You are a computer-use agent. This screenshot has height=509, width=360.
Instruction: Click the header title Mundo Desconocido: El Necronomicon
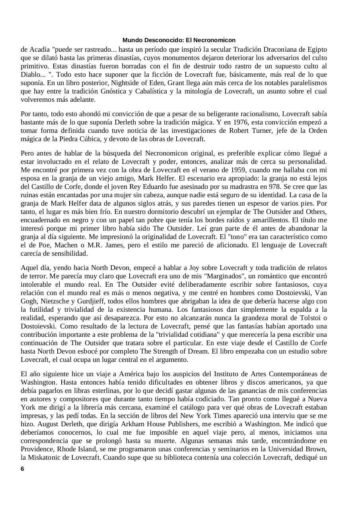tap(179, 40)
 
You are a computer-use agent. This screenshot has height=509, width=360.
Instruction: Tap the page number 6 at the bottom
tap(23, 469)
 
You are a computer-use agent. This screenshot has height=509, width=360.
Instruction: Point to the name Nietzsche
tap(53, 301)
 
